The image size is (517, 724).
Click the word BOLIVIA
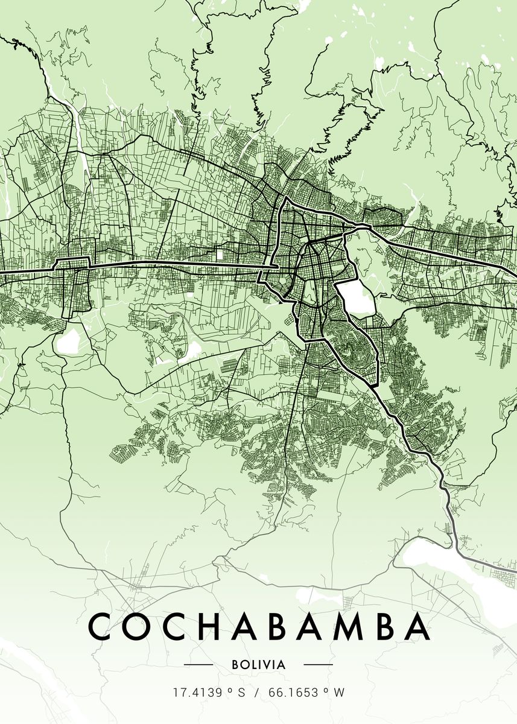click(x=258, y=664)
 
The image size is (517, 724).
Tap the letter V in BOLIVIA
click(x=269, y=664)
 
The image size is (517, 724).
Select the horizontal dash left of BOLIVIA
click(x=198, y=664)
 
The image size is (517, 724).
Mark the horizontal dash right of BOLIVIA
click(x=318, y=664)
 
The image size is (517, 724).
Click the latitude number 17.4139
click(x=195, y=693)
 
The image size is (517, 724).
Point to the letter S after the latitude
click(x=241, y=693)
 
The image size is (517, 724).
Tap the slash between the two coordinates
click(x=257, y=693)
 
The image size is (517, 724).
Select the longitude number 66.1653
click(x=294, y=693)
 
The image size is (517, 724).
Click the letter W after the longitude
click(x=340, y=693)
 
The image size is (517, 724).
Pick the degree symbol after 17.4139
click(x=229, y=690)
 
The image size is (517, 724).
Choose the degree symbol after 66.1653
click(x=327, y=690)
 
